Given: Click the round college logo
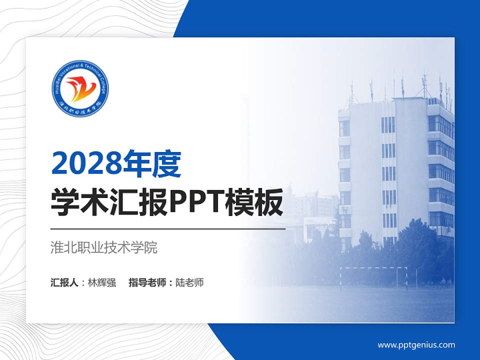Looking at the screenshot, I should [x=80, y=89].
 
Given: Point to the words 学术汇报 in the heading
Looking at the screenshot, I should [x=108, y=202].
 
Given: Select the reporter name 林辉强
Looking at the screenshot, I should [x=101, y=282].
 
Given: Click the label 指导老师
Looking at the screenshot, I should [x=147, y=282].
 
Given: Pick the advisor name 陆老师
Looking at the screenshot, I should [x=189, y=282].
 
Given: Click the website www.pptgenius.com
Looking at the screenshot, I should [x=416, y=344].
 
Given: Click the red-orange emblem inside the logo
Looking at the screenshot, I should [x=79, y=88].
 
